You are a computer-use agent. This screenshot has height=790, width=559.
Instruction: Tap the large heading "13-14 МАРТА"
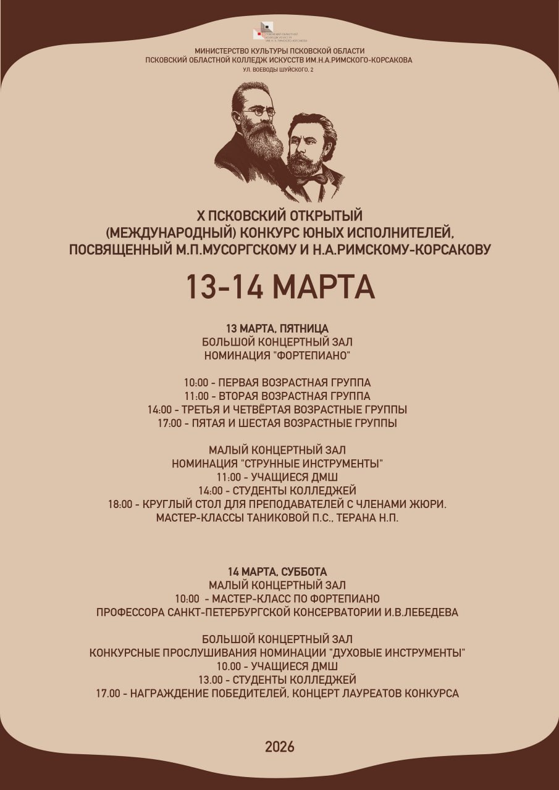pyautogui.click(x=280, y=286)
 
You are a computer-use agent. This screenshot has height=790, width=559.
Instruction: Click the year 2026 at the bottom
pyautogui.click(x=280, y=747)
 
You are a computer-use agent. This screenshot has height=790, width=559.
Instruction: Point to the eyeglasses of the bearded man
pyautogui.click(x=258, y=112)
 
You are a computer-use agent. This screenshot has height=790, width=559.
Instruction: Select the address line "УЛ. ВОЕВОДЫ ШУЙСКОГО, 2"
pyautogui.click(x=279, y=70)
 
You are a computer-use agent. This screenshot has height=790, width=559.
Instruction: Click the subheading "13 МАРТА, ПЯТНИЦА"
pyautogui.click(x=277, y=328)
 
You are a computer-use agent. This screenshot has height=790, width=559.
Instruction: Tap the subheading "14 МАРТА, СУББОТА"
pyautogui.click(x=277, y=572)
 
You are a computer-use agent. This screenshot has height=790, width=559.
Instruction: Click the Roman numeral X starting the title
pyautogui.click(x=200, y=216)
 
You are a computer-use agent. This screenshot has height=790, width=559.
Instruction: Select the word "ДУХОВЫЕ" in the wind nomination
pyautogui.click(x=359, y=653)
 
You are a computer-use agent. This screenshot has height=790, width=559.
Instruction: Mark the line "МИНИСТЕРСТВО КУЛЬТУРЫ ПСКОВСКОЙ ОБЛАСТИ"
pyautogui.click(x=279, y=51)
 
